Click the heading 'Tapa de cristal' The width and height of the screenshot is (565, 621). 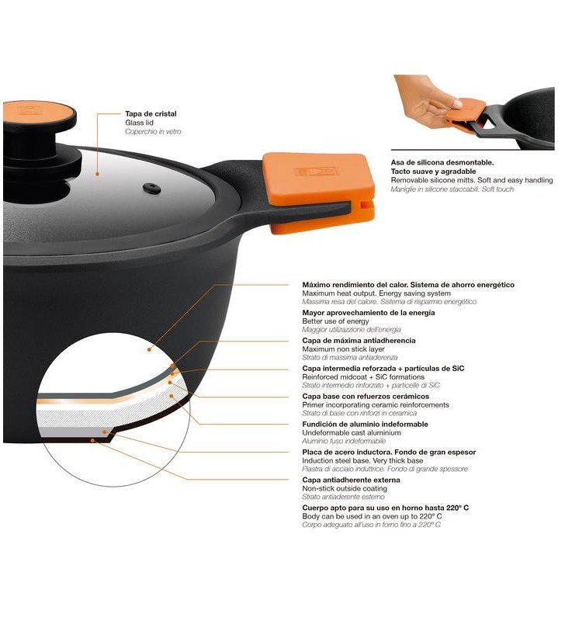[x=151, y=113]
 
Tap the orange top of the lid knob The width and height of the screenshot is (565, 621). [x=40, y=113]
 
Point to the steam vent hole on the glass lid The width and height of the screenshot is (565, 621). [x=151, y=189]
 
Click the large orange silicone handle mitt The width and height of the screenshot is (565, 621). [x=319, y=193]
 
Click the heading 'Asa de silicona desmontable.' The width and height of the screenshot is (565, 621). [x=442, y=162]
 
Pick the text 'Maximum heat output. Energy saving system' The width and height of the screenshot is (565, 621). [x=376, y=293]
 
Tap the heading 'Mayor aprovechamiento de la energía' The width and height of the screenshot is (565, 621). [x=368, y=313]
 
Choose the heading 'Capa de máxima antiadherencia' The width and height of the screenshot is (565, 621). [x=359, y=340]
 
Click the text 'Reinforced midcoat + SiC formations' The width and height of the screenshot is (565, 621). [x=363, y=377]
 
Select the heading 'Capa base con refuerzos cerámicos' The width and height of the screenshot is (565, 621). [x=366, y=396]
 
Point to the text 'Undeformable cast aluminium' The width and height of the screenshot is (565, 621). [x=352, y=433]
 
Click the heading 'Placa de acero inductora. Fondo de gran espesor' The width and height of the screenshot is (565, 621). [x=389, y=452]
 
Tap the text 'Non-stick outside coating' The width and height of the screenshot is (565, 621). [x=345, y=489]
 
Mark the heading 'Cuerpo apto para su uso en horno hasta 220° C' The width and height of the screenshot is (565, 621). [x=385, y=508]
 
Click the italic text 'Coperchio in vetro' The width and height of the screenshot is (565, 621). [x=153, y=132]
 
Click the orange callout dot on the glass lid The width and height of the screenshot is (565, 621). [x=97, y=173]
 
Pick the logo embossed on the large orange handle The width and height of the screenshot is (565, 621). [x=317, y=172]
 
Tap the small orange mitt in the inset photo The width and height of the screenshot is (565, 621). [x=466, y=116]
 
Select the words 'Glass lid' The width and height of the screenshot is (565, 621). [x=140, y=123]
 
